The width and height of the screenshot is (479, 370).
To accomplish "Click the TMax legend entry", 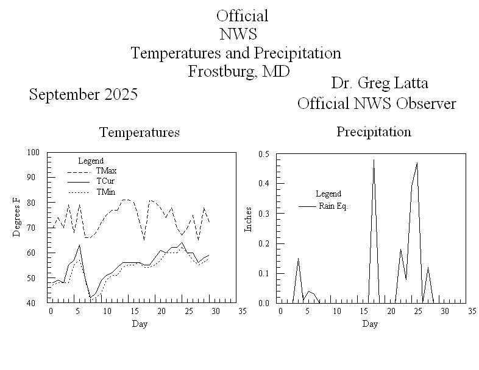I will pyautogui.click(x=106, y=170).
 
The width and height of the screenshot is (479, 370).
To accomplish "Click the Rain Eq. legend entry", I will pyautogui.click(x=333, y=206).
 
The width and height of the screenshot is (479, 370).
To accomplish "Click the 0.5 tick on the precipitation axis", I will pyautogui.click(x=264, y=153).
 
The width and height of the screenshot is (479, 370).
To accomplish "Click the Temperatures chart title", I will pyautogui.click(x=140, y=132).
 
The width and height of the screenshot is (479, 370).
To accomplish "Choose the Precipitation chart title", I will pyautogui.click(x=374, y=131).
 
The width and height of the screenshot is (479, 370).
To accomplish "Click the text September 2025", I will pyautogui.click(x=83, y=95).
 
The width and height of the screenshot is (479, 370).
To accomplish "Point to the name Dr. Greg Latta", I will pyautogui.click(x=376, y=83).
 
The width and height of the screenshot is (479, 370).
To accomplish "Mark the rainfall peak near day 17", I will pyautogui.click(x=374, y=160).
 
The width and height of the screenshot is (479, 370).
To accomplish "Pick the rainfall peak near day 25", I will pyautogui.click(x=417, y=163).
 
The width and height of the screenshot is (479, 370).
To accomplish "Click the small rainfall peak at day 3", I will pyautogui.click(x=298, y=259).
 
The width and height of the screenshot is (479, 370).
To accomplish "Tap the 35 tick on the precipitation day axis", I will pyautogui.click(x=472, y=311).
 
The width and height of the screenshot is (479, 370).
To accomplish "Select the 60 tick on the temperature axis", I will pyautogui.click(x=34, y=253).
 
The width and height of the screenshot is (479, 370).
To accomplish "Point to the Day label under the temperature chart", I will pyautogui.click(x=140, y=324).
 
